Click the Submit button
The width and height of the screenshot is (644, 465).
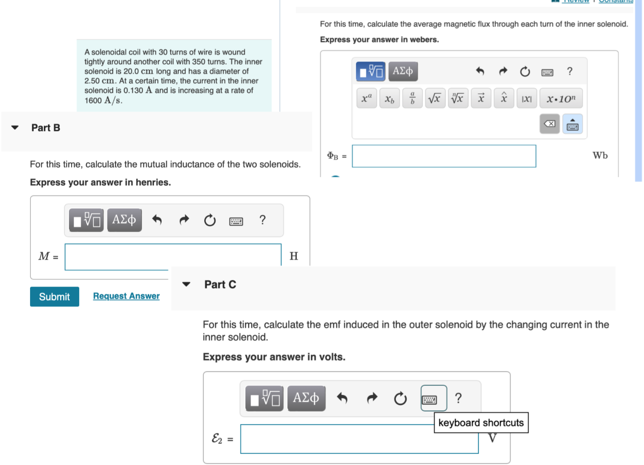[x=54, y=297]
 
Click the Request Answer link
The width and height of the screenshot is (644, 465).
[x=126, y=296]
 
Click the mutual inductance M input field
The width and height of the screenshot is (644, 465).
[x=172, y=256]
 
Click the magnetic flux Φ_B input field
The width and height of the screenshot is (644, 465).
[x=444, y=156]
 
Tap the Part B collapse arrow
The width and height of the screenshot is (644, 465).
[x=15, y=128]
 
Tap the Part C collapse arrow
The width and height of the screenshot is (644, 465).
[x=186, y=284]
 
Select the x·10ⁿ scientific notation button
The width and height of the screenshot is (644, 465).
[x=561, y=99]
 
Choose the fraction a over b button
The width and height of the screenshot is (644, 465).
[x=412, y=99]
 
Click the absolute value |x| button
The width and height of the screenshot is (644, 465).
[x=526, y=99]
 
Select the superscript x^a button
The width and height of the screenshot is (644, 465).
[x=367, y=99]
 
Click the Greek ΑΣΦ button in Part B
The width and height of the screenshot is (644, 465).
[x=124, y=220]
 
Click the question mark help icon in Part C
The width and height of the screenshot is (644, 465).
[x=459, y=398]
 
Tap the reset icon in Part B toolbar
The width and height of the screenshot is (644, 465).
[x=210, y=220]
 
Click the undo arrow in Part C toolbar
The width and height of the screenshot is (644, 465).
[x=342, y=398]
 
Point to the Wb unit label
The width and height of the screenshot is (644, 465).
[x=600, y=156]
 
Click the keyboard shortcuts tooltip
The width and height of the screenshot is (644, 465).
[x=481, y=423]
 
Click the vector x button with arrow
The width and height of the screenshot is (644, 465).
[x=481, y=99]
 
